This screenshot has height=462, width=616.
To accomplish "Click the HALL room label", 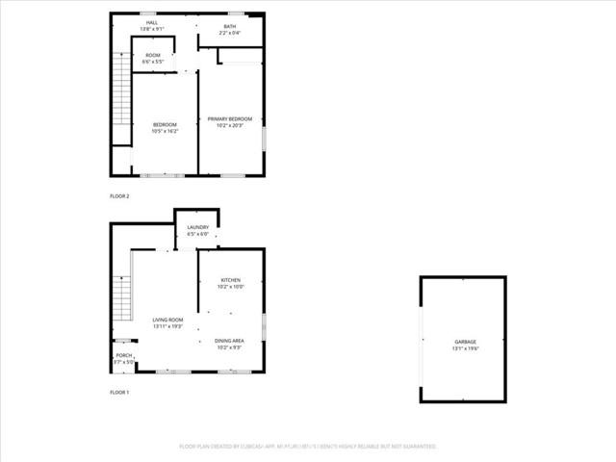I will pyautogui.click(x=152, y=21).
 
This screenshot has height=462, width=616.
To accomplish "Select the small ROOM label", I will pyautogui.click(x=152, y=56).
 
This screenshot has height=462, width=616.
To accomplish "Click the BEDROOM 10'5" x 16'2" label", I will pyautogui.click(x=166, y=125).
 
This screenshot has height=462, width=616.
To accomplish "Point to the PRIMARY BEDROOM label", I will pyautogui.click(x=229, y=119).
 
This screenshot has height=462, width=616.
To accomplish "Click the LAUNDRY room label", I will pyautogui.click(x=197, y=227).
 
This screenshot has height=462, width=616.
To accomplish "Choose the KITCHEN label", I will pyautogui.click(x=230, y=280).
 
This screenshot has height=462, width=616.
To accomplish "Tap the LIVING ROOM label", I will pyautogui.click(x=167, y=320).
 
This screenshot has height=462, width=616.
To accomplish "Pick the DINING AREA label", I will pyautogui.click(x=229, y=341).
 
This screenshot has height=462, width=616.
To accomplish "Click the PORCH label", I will pyautogui.click(x=124, y=356).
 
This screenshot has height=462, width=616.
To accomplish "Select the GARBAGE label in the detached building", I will pyautogui.click(x=466, y=342).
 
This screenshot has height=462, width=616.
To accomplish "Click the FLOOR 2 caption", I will pyautogui.click(x=119, y=196).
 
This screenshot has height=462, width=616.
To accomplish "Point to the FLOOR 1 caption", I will pyautogui.click(x=119, y=393).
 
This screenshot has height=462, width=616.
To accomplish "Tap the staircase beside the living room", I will pyautogui.click(x=121, y=298).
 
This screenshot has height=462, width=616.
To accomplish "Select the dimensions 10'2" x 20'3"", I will pyautogui.click(x=229, y=126).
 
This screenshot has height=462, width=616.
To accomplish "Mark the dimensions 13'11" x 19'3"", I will pyautogui.click(x=167, y=326).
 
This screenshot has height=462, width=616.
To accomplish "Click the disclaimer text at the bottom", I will pyautogui.click(x=308, y=447).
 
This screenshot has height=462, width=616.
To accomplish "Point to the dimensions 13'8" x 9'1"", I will pyautogui.click(x=152, y=29).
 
